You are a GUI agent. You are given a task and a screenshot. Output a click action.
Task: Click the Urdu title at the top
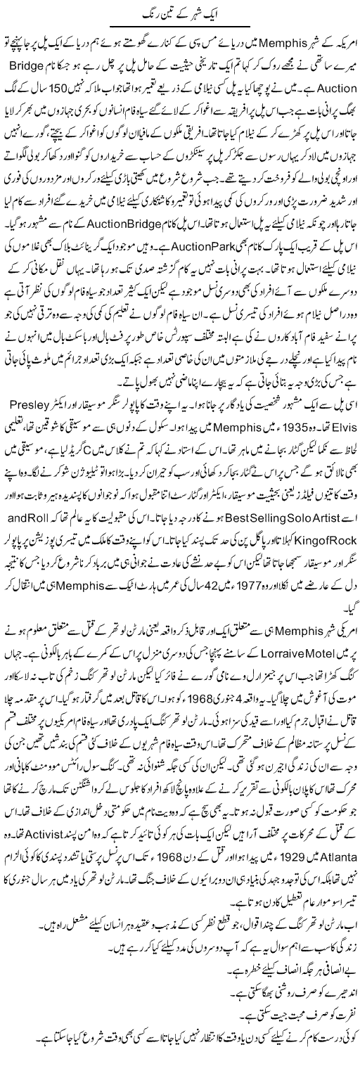tap(180, 14)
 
